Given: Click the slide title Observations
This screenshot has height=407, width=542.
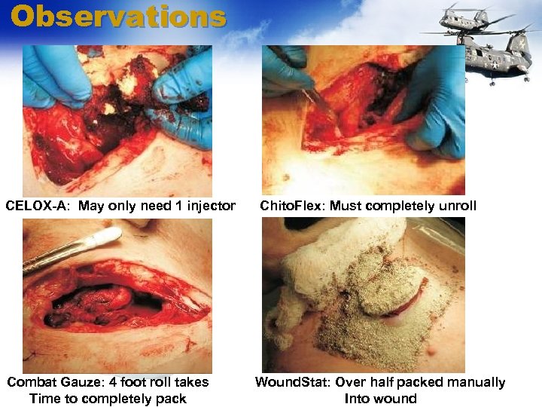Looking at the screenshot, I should pyautogui.click(x=118, y=17).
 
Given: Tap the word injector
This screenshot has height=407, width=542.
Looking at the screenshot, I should pyautogui.click(x=209, y=206).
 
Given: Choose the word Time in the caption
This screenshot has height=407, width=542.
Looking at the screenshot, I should pyautogui.click(x=44, y=399).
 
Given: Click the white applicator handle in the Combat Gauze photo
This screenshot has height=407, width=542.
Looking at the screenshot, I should pyautogui.click(x=72, y=249).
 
